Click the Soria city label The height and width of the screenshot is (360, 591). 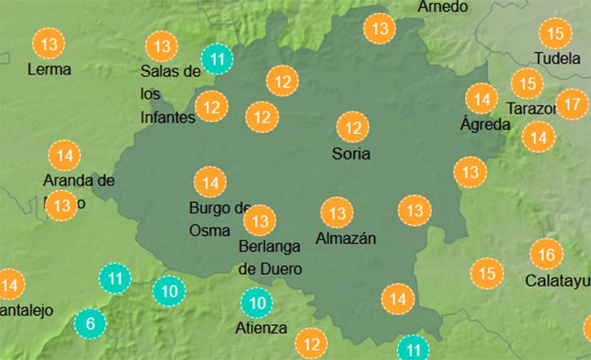tap(350, 153)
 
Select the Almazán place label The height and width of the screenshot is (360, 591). tap(346, 238)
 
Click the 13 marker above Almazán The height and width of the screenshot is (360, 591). tap(337, 214)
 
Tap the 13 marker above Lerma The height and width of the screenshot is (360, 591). tap(49, 43)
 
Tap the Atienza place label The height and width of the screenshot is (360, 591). tap(262, 328)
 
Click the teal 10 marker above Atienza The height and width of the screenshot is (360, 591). tap(257, 303)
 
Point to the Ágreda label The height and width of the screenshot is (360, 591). tap(485, 125)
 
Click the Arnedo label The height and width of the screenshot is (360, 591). tap(443, 7)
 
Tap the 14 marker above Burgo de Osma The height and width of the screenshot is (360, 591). tap(210, 182)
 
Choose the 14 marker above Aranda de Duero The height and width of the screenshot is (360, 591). tap(65, 156)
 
